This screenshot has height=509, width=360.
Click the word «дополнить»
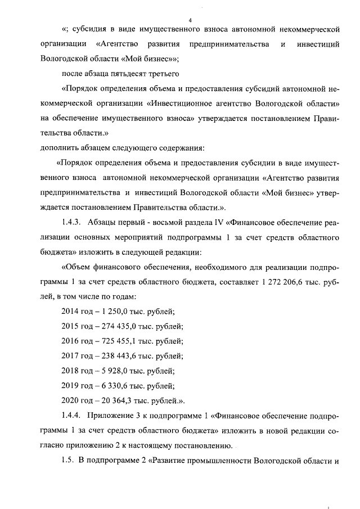tap(60, 148)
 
